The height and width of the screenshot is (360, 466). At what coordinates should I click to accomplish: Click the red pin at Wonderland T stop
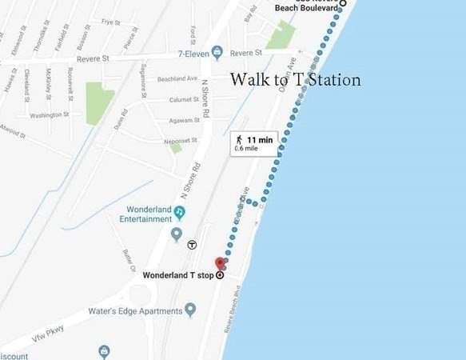coord(221,263)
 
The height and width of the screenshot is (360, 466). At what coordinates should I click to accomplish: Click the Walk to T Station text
coord(295,80)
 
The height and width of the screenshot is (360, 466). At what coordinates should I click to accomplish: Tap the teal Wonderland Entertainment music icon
coord(181,211)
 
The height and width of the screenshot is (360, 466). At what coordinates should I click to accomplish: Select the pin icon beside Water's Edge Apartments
coord(190,309)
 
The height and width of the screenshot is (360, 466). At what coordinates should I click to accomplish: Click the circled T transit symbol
coord(192,246)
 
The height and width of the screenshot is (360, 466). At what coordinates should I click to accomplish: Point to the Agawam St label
coord(184,119)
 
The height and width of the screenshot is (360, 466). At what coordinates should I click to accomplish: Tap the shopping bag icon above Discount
coord(103,350)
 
